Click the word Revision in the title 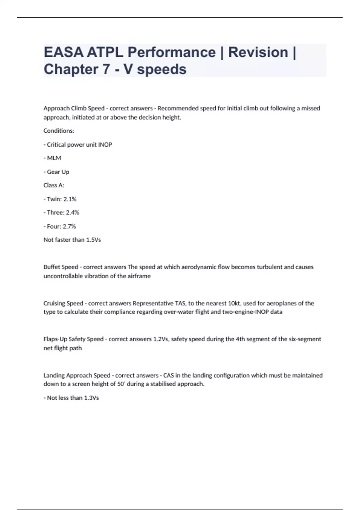[x=258, y=52]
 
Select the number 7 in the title [x=106, y=69]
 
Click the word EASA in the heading [x=63, y=52]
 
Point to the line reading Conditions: [x=59, y=131]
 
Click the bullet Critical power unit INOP [x=78, y=145]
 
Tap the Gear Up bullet [x=57, y=172]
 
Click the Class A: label [x=54, y=185]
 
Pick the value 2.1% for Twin [x=70, y=199]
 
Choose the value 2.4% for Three [x=73, y=212]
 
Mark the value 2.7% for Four [x=69, y=226]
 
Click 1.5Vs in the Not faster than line [x=93, y=240]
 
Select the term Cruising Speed [x=63, y=303]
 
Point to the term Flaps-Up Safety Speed [x=73, y=339]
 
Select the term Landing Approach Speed [x=77, y=375]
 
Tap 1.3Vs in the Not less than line [x=91, y=398]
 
